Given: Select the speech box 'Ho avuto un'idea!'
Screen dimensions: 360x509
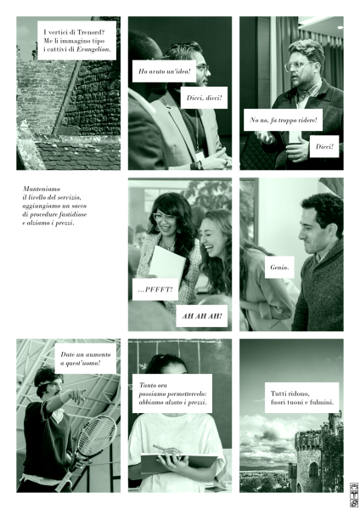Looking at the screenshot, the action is click(165, 71).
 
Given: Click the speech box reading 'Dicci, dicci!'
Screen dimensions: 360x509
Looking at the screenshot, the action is click(204, 98).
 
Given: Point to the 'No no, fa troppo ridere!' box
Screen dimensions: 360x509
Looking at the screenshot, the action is click(283, 120).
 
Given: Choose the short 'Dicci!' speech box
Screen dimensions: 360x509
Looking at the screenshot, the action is click(324, 146).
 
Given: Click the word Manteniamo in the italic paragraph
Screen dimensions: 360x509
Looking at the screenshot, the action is click(42, 189).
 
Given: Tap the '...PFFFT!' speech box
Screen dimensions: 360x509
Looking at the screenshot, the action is click(155, 289).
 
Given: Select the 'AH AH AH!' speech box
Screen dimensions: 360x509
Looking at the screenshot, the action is click(202, 316).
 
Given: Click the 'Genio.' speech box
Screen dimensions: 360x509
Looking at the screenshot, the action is click(279, 267).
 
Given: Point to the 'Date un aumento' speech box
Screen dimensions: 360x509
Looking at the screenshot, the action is click(86, 359).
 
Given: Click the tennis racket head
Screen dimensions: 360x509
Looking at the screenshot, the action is click(97, 436).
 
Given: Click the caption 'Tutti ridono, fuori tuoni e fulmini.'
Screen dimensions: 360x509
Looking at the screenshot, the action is click(302, 398).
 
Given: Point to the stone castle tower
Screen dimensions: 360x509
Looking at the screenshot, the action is click(316, 455).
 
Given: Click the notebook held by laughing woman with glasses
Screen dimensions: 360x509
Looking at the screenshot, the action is click(166, 263).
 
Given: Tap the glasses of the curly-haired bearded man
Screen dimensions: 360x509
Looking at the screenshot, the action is click(297, 66).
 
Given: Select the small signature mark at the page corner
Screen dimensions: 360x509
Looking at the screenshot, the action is click(354, 495).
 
